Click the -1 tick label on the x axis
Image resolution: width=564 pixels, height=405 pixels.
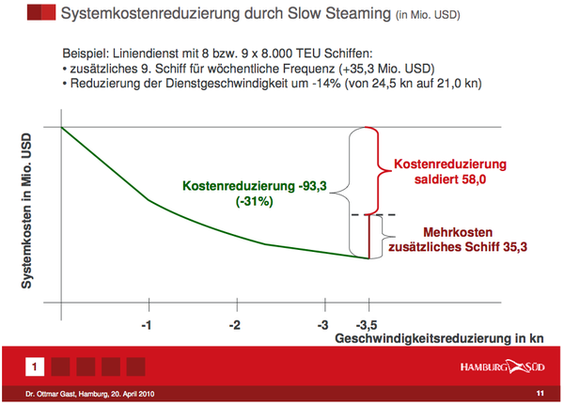coord(146,325)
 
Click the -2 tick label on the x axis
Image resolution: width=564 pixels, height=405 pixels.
coord(234,325)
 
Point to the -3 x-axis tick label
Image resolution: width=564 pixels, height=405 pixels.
coord(322,325)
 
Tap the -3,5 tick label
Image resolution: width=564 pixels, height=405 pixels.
coord(367,325)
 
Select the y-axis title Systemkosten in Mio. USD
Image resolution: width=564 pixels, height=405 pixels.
coord(26,211)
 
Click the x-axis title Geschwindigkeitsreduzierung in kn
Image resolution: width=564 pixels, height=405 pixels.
coord(439,338)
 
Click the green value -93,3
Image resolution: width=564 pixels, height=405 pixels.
coord(312,186)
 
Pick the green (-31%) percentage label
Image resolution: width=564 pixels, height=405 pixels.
coord(255,201)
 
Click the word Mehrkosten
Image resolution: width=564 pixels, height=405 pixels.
coord(458,232)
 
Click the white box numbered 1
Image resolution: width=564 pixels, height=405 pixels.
coord(35,366)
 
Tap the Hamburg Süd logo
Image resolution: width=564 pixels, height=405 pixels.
coord(503,366)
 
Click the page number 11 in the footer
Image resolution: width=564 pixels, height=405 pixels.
coord(540,394)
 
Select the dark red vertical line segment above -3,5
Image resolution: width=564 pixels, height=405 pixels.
coord(368,237)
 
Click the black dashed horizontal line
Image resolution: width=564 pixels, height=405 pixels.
coord(373,215)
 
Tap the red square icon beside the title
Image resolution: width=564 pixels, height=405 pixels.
coord(41,12)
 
